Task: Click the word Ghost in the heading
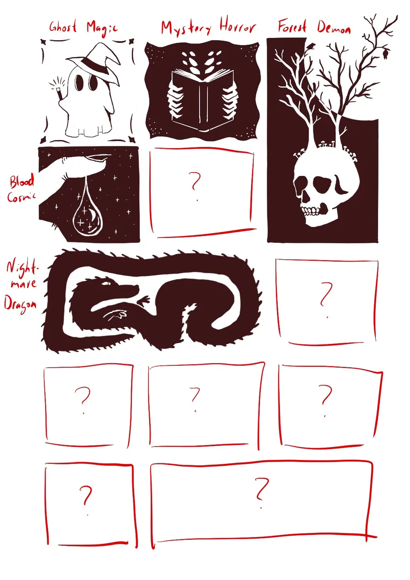click(63, 27)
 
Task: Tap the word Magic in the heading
click(102, 29)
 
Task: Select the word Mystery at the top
click(186, 29)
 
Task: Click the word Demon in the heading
click(334, 27)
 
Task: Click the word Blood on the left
click(22, 181)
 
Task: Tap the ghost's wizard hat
click(97, 65)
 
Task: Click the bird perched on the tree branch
click(312, 46)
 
